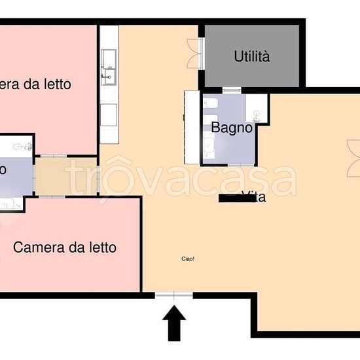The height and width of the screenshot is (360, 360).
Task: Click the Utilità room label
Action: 252,57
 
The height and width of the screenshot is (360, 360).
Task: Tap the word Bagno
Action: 232,128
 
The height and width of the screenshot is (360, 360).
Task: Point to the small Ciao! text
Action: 188,259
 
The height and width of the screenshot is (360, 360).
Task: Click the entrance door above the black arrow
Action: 174,296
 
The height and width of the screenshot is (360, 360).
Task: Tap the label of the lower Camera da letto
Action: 65,247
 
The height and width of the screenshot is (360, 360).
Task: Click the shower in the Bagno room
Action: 258,108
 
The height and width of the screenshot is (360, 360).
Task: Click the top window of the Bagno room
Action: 232,90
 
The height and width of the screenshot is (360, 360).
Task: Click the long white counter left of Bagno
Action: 191,127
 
